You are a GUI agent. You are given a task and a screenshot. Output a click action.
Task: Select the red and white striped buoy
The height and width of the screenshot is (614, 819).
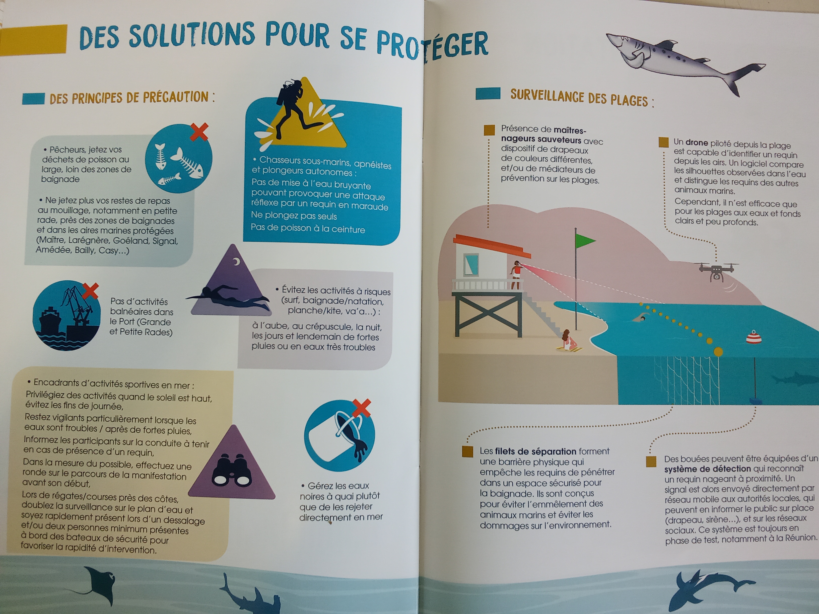tap(754, 337)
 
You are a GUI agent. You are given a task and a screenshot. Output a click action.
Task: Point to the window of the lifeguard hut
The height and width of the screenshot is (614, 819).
tap(471, 264)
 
